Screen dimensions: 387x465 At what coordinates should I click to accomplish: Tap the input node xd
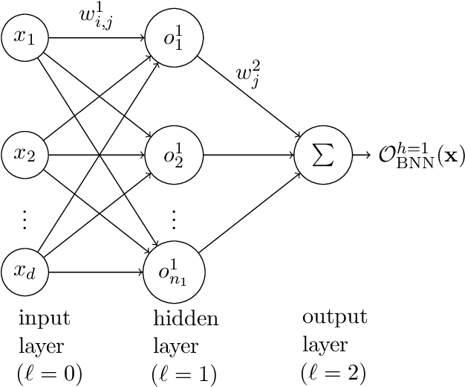coord(25,272)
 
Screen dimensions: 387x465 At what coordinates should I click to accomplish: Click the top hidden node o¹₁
coord(175,37)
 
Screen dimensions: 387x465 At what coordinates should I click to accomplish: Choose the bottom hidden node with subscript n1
coord(175,272)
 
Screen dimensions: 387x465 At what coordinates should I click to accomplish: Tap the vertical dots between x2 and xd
coord(25,219)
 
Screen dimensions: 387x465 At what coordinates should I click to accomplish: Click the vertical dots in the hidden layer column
coord(175,219)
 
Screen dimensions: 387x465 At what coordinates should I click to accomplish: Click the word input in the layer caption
coord(44,319)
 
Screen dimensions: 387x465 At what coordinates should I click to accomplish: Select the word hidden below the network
coord(186,319)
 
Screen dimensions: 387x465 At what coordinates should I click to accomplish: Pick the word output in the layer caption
coord(334,317)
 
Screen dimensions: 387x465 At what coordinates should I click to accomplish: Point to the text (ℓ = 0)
coord(49,372)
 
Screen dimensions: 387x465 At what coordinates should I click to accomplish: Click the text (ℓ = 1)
coord(185,372)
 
